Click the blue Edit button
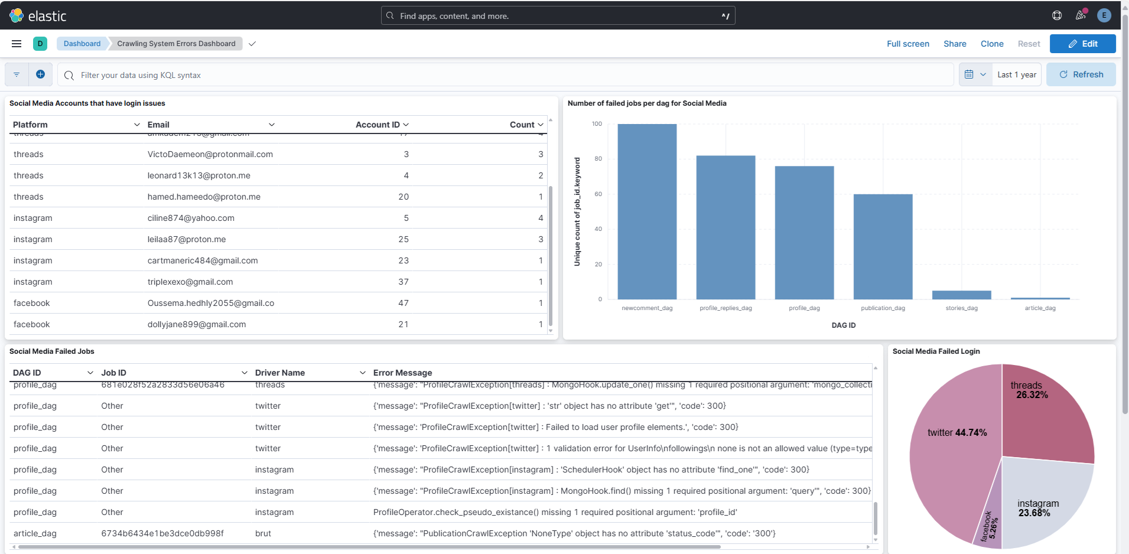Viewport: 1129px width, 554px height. [1082, 44]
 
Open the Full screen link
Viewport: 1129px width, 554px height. [907, 44]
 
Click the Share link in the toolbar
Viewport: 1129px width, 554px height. [955, 44]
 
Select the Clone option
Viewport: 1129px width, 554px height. [992, 44]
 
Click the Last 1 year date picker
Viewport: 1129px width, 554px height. [1016, 75]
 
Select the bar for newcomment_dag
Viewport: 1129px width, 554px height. [647, 213]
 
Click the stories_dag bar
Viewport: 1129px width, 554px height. [961, 295]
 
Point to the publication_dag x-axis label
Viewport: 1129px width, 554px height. [883, 308]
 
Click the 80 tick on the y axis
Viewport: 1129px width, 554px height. [598, 159]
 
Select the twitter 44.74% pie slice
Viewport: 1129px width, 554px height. [951, 449]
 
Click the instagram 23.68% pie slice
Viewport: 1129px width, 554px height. [1040, 502]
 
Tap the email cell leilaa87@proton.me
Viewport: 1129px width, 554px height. [187, 239]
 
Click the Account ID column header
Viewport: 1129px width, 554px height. [378, 125]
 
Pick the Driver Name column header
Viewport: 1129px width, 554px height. [280, 373]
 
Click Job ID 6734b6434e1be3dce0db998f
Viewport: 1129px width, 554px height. [162, 533]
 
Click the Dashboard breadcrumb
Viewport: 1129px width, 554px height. [82, 44]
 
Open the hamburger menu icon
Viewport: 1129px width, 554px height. [17, 44]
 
